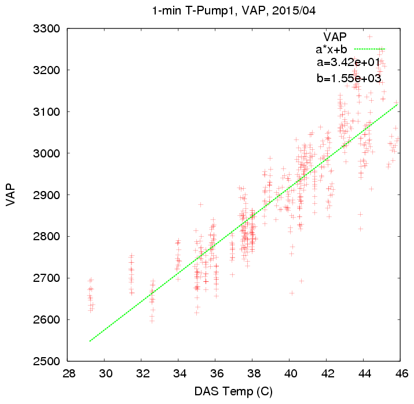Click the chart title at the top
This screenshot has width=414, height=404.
(234, 11)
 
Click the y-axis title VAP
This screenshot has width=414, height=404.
(11, 194)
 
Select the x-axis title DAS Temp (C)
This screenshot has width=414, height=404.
(233, 391)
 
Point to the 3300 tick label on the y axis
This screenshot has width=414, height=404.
(47, 28)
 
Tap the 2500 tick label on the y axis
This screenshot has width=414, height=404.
(47, 361)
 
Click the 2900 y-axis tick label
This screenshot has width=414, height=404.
(47, 195)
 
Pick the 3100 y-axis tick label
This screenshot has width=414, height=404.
(47, 112)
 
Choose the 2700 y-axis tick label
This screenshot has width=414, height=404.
(47, 278)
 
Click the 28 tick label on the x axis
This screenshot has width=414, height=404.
(69, 374)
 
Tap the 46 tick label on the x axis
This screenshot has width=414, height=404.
(402, 374)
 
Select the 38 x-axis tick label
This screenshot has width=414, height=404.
(254, 374)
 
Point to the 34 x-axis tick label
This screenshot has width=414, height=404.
(180, 374)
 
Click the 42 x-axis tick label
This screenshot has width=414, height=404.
(328, 374)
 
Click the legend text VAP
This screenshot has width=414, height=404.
(335, 37)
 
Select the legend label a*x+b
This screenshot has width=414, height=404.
(331, 49)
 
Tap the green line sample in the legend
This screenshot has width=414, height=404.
(369, 49)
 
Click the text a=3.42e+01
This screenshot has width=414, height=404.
(348, 63)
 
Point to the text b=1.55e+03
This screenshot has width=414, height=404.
(349, 78)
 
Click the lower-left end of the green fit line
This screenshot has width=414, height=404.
(90, 341)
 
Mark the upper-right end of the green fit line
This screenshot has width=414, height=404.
(398, 105)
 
